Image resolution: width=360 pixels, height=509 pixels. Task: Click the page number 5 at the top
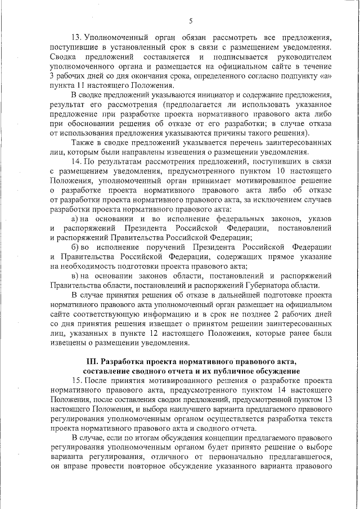pos(191,21)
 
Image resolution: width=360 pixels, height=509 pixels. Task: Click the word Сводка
pos(65,58)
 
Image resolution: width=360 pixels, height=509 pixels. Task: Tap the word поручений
pos(155,248)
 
